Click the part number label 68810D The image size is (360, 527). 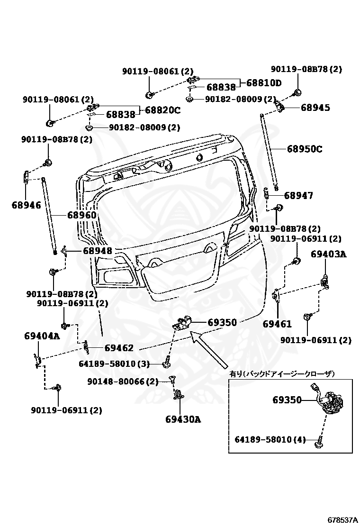(263, 83)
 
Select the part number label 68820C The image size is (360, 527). (162, 110)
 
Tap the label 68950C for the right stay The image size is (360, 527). (304, 149)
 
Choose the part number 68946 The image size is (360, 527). (26, 205)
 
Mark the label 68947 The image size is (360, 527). (298, 195)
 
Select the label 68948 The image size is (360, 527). (97, 251)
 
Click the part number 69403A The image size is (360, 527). (328, 254)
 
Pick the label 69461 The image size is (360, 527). (277, 324)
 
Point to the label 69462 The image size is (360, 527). (119, 348)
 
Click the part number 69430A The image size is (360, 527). (183, 419)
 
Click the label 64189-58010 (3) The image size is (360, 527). (114, 364)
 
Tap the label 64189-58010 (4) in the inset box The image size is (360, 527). (270, 439)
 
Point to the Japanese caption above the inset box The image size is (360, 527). (282, 374)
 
